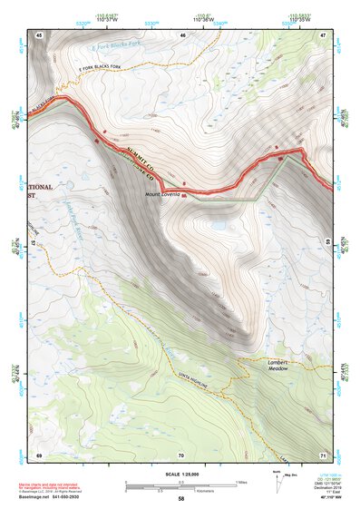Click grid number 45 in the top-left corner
click(x=39, y=34)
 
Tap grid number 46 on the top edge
click(x=182, y=34)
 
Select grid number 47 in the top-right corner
click(x=324, y=34)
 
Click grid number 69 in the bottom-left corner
click(x=39, y=453)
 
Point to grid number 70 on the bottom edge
click(x=181, y=453)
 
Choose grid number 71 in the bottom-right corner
click(x=324, y=453)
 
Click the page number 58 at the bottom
click(x=180, y=498)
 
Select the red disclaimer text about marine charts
click(x=60, y=485)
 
